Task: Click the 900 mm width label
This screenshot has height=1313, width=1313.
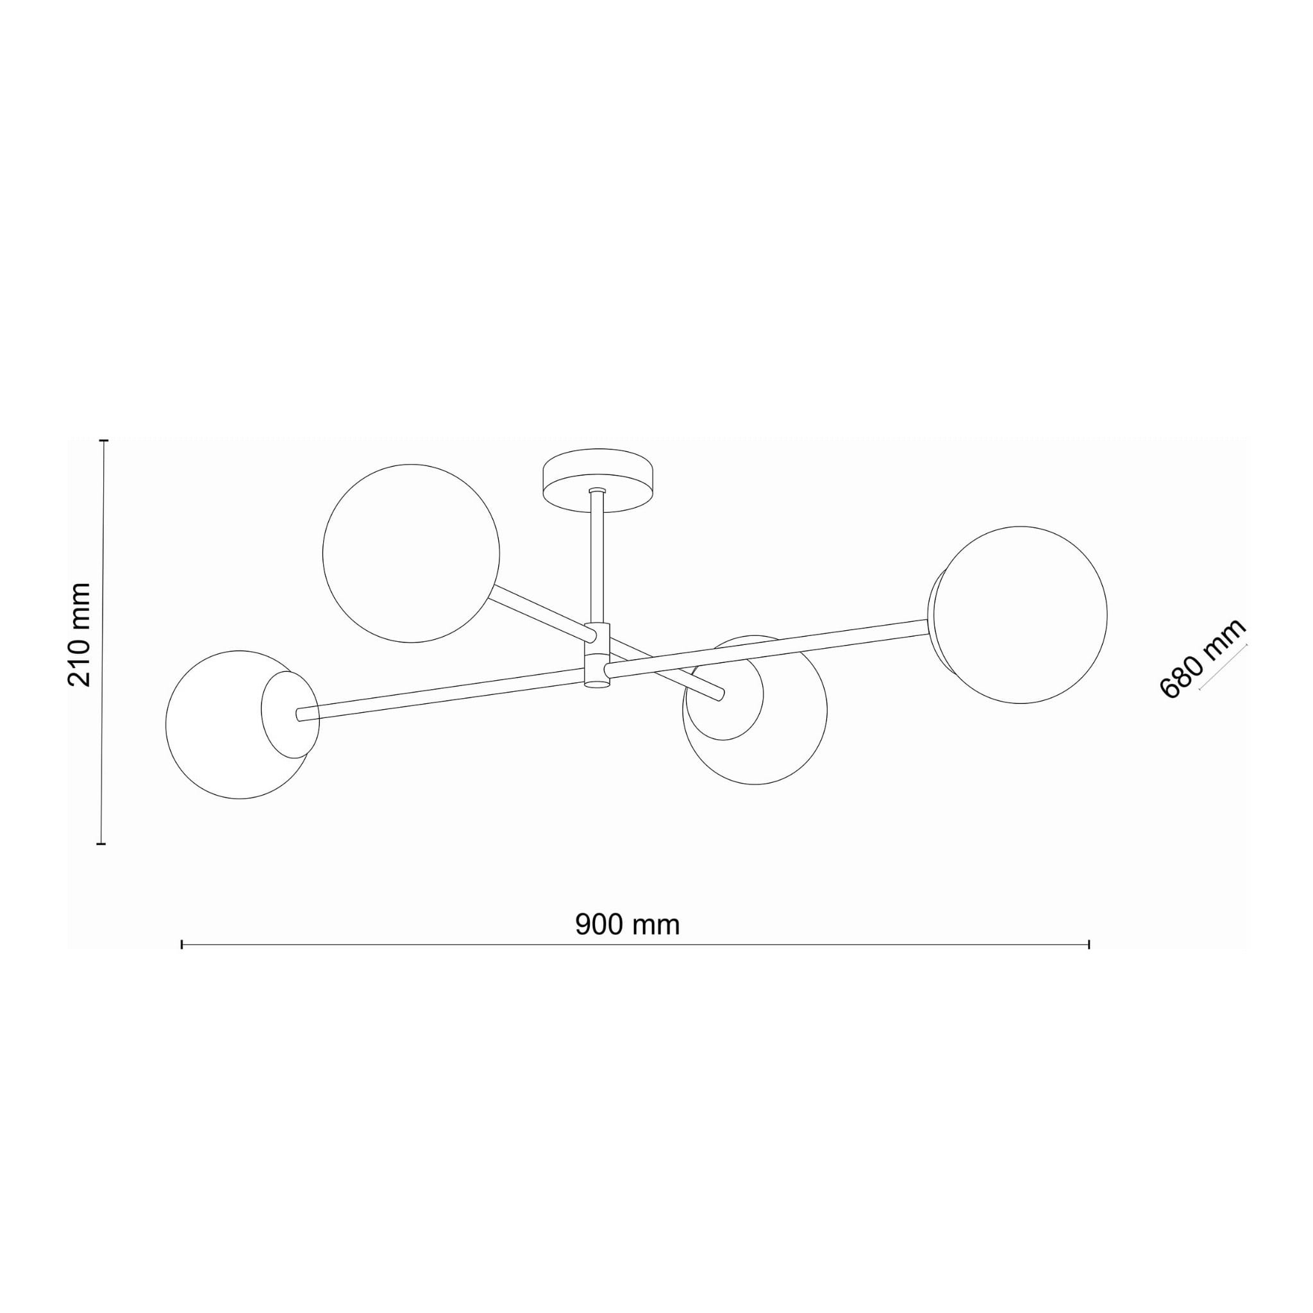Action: [x=627, y=924]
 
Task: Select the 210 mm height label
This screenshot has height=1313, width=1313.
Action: [x=79, y=635]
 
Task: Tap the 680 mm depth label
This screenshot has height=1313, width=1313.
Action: [x=1201, y=658]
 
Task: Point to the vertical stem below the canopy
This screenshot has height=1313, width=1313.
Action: [x=598, y=556]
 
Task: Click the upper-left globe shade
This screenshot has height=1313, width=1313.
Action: [x=411, y=553]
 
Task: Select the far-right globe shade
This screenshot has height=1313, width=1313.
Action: [x=1019, y=614]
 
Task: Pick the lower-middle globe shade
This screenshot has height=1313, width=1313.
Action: [x=755, y=710]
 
